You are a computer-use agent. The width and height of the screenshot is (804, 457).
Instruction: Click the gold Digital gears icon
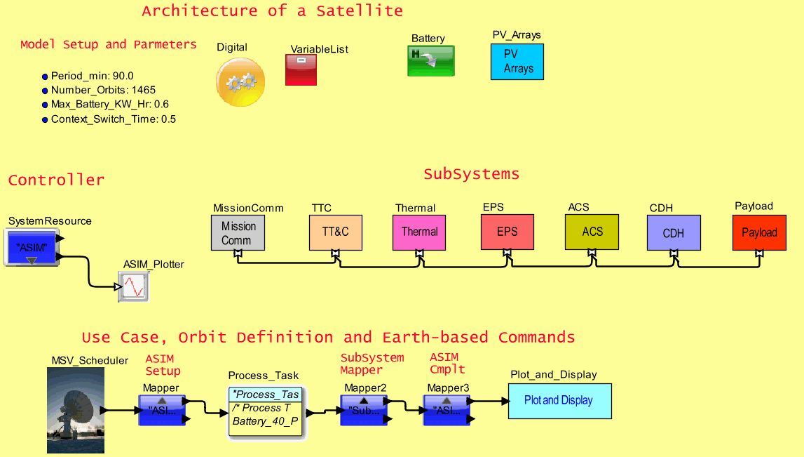pos(240,82)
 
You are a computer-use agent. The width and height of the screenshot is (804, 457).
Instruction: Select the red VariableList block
pos(301,70)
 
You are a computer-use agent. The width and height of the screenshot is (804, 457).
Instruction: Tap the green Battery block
pos(431,61)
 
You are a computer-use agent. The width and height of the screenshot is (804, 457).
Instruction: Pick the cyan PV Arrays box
pos(517,62)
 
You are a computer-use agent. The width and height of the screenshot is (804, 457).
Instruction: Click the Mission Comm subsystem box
pos(238,233)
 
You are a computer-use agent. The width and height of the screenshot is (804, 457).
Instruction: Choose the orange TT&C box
pos(336,233)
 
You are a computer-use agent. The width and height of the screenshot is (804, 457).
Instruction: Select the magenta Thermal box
pos(419,232)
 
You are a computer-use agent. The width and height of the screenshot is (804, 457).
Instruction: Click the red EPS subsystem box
pos(507,232)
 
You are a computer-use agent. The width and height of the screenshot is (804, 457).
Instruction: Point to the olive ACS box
pos(592,232)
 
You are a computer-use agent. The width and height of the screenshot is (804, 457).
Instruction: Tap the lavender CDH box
pos(673,233)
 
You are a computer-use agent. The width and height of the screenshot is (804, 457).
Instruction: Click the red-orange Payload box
pos(759,233)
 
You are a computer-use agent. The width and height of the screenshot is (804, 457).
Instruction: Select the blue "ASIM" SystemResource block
pos(32,249)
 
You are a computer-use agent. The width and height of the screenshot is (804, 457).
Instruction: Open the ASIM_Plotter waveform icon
pos(133,286)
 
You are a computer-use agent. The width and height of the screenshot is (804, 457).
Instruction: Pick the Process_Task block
pos(266,412)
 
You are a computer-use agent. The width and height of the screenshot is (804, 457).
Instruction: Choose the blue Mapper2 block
pos(363,410)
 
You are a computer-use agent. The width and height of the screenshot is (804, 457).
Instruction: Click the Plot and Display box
pos(559,401)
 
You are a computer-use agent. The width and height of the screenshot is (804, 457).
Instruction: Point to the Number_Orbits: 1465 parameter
pos(103,91)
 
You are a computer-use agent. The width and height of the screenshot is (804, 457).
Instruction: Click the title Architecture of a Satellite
pos(272,11)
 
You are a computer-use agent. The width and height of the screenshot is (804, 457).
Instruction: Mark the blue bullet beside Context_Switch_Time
pos(45,119)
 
